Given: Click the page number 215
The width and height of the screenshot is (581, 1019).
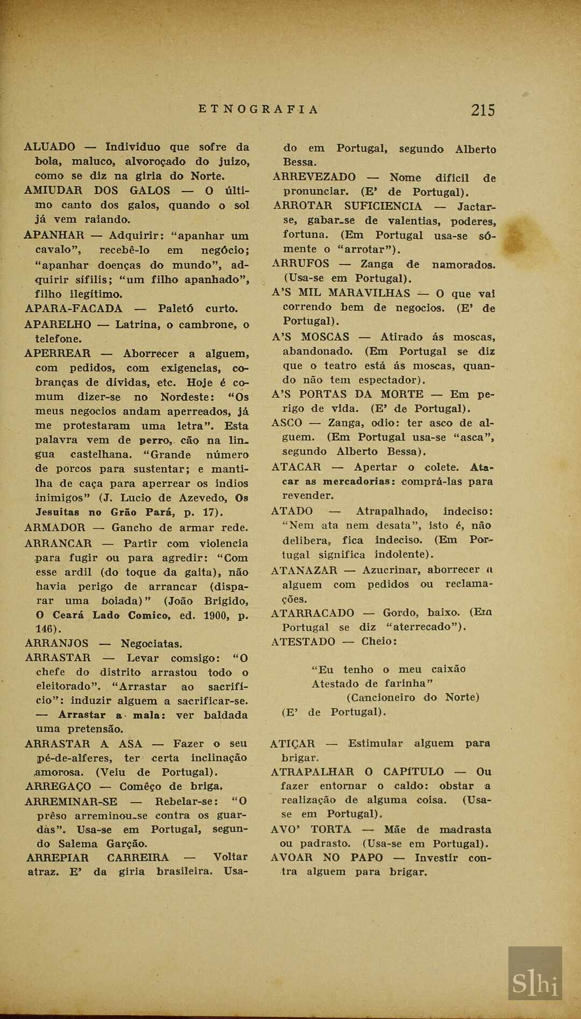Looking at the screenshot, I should pos(483,110).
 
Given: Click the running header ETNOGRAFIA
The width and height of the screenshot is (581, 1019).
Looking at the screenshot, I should pos(259,110).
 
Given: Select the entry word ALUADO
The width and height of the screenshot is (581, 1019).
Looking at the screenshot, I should pos(50,147).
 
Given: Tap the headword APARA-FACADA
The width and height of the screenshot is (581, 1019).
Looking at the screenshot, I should pos(74,309).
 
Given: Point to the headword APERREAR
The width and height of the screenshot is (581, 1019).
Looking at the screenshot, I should pos(58,354).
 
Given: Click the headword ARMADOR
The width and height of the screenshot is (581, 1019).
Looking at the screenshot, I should pos(55,528).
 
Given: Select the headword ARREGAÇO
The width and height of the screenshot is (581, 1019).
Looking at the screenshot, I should pos(58,787).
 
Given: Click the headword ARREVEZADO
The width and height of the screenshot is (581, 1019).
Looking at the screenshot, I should pos(314,177).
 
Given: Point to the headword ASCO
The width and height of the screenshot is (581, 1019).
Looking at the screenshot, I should pos(287,423).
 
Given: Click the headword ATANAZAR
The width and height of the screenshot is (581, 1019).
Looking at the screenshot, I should pos(304,571).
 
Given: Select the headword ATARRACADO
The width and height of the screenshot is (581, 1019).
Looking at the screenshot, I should pos(313,613).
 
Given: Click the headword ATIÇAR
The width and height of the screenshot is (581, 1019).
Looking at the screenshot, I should pos(292,744).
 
